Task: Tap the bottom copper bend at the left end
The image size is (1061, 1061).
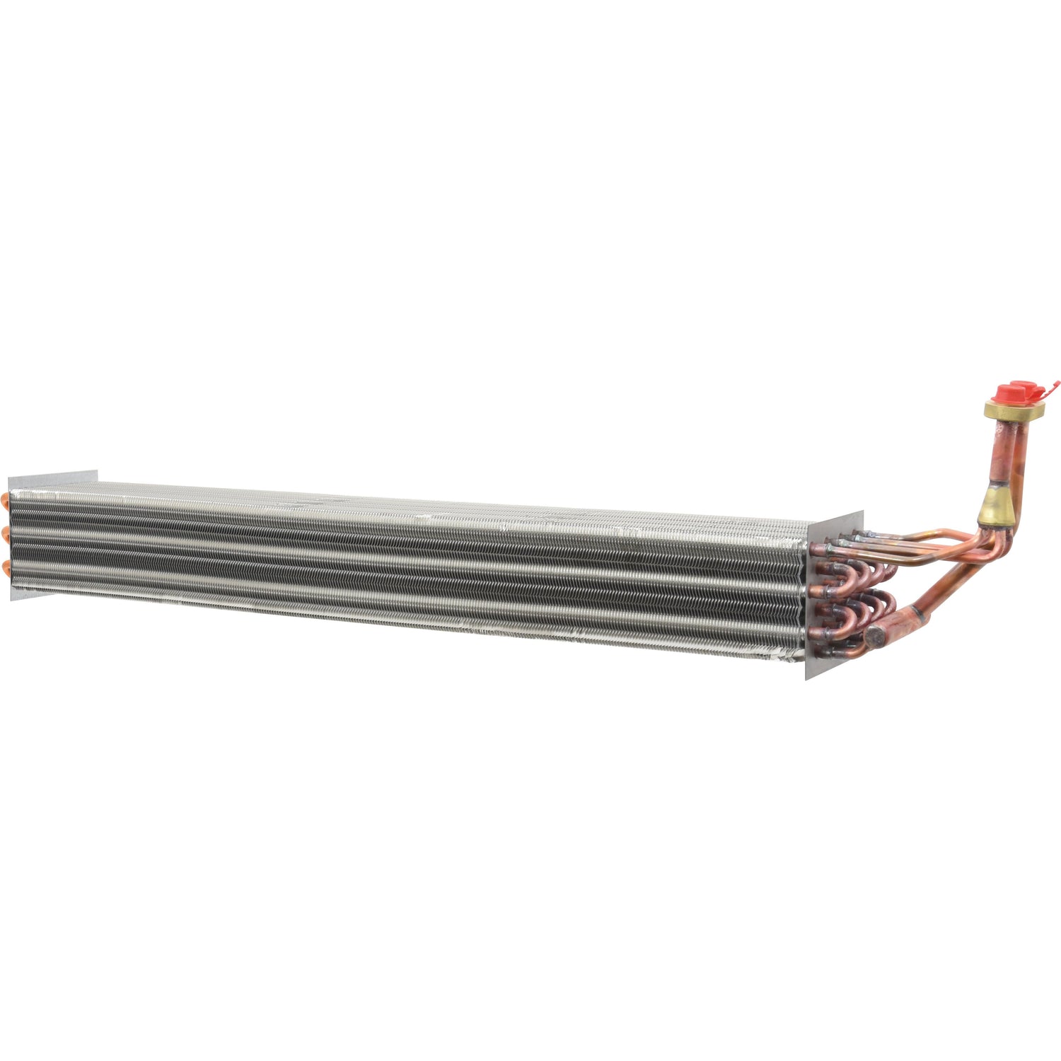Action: click(x=7, y=566)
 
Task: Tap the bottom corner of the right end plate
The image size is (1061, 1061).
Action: click(x=807, y=678)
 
